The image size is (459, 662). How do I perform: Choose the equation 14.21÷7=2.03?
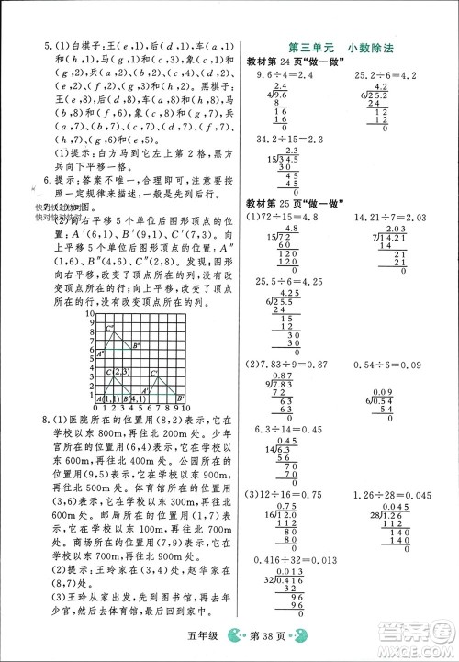(391, 217)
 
